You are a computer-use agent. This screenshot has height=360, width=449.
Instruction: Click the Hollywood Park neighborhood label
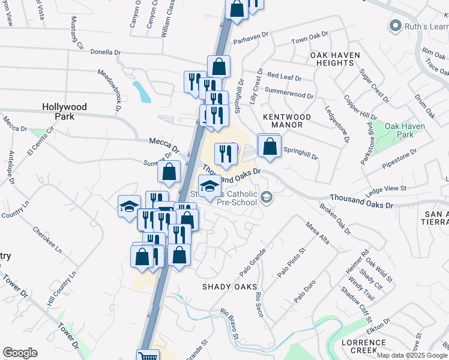point(64,112)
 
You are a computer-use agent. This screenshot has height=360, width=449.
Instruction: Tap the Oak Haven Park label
point(405,131)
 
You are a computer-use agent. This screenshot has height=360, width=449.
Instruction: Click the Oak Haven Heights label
point(335,59)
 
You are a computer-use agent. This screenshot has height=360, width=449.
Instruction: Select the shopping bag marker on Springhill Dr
point(270,145)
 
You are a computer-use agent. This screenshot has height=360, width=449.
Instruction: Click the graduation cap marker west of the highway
point(128,207)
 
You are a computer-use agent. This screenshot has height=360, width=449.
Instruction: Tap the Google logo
point(20,352)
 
